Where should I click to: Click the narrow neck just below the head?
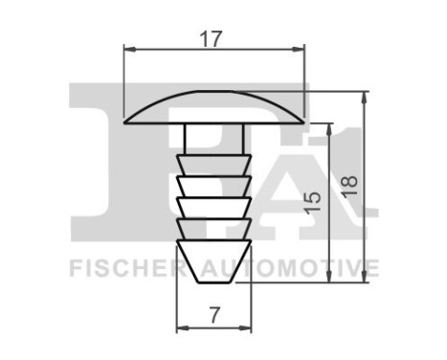coord(213,136)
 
